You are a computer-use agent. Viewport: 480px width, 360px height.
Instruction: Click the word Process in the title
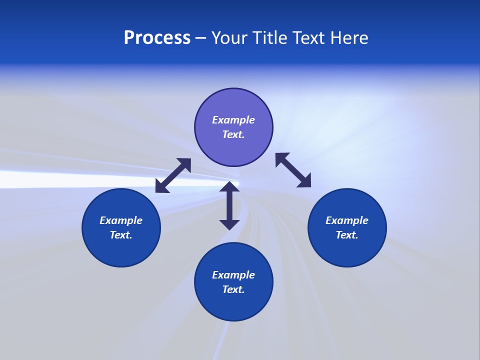pyautogui.click(x=157, y=38)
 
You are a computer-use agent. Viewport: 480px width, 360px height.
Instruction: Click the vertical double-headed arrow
pyautogui.click(x=229, y=205)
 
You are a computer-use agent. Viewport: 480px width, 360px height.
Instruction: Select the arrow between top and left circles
pyautogui.click(x=173, y=175)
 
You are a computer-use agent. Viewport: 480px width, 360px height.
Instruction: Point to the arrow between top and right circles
pyautogui.click(x=293, y=170)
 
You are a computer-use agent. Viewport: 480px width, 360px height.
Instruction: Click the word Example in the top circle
pyautogui.click(x=233, y=120)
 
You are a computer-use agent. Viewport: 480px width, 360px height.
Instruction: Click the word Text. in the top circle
pyautogui.click(x=233, y=134)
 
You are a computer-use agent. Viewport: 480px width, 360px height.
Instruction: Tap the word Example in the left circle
pyautogui.click(x=121, y=220)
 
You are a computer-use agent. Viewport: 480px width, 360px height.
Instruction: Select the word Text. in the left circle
pyautogui.click(x=121, y=235)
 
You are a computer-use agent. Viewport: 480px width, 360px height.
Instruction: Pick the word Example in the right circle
pyautogui.click(x=347, y=220)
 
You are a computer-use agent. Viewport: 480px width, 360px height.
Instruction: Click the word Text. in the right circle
pyautogui.click(x=347, y=235)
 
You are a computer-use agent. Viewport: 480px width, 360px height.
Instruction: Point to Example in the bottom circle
pyautogui.click(x=233, y=275)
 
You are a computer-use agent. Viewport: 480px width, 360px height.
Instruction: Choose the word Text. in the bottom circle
pyautogui.click(x=233, y=289)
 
